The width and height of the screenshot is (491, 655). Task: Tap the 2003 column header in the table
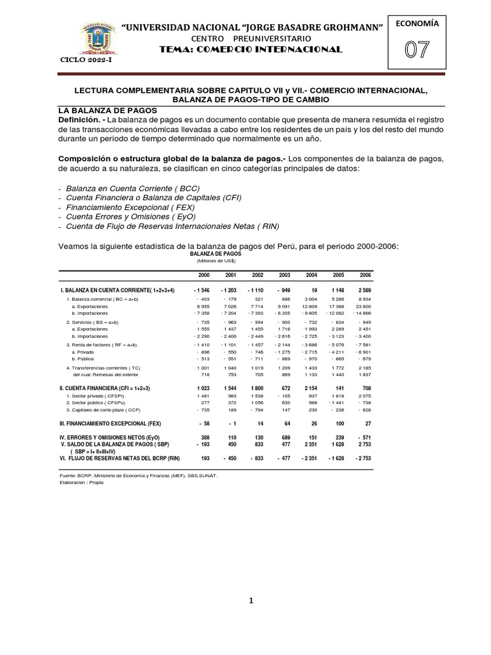coord(286,275)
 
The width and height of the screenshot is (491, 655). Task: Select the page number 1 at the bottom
coord(252,601)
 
